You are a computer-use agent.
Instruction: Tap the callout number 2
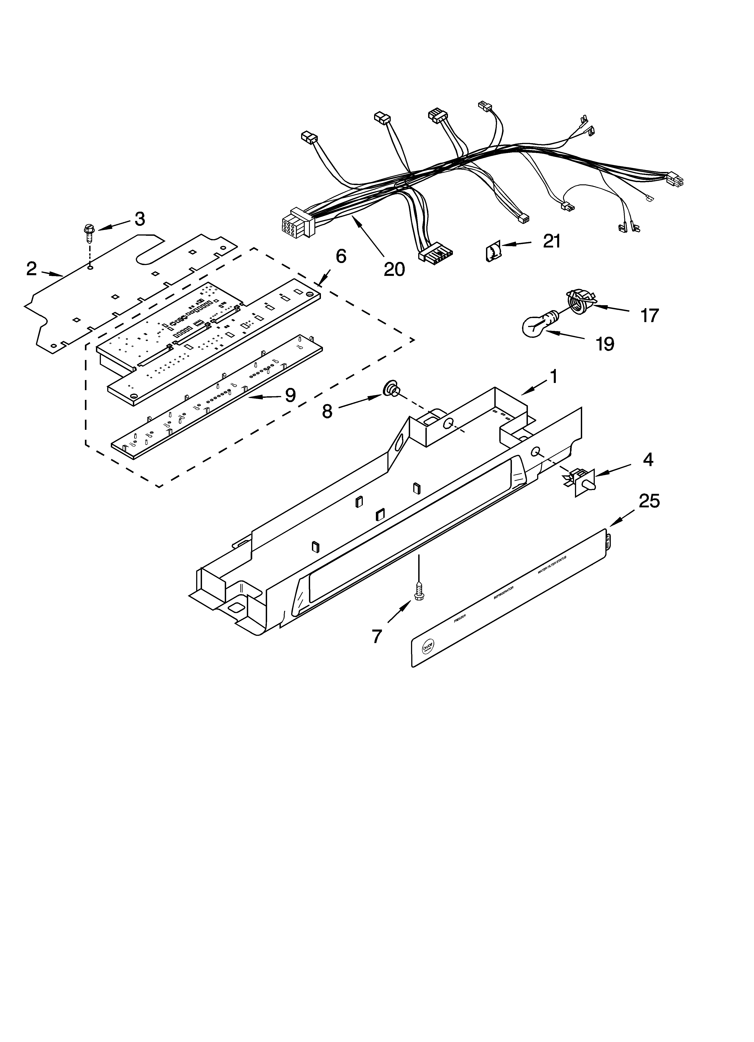(x=31, y=269)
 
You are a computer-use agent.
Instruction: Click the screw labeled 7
(x=419, y=590)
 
